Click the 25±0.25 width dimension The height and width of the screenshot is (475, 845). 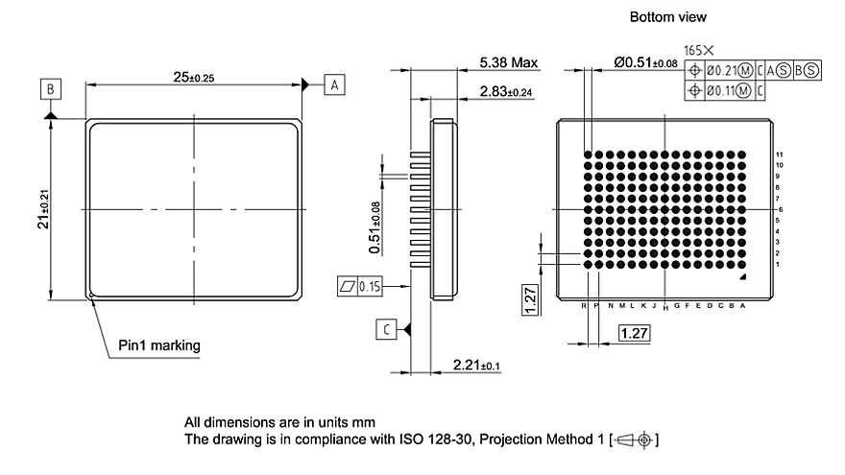(194, 76)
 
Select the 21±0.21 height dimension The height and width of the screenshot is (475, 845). (39, 208)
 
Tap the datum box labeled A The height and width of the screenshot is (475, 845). (333, 84)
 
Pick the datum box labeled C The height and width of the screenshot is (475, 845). (385, 329)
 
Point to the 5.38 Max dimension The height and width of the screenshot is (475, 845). (509, 63)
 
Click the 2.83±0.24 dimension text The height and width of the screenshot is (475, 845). (506, 91)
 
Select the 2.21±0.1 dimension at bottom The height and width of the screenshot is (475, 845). (477, 365)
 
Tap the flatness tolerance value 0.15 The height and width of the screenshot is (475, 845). (369, 286)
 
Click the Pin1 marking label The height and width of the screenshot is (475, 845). (159, 344)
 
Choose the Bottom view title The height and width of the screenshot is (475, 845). (667, 17)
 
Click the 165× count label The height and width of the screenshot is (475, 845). (698, 49)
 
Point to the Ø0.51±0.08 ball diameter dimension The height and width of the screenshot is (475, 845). (645, 63)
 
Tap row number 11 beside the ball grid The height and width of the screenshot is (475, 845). (781, 154)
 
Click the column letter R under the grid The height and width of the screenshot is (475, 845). (584, 305)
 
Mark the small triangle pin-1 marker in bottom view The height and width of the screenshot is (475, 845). (742, 276)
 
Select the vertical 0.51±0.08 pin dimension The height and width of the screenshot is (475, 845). (374, 227)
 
